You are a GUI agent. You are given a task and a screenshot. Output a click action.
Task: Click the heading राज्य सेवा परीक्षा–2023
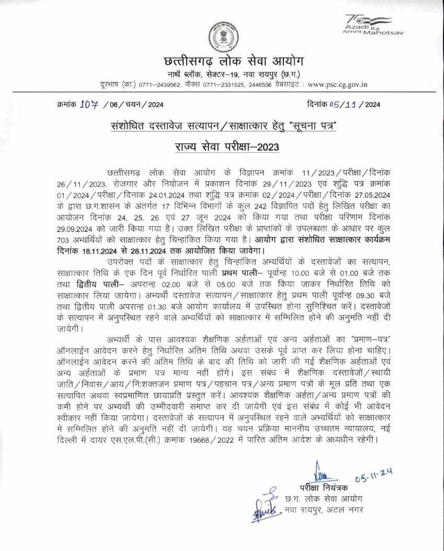tap(220, 147)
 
